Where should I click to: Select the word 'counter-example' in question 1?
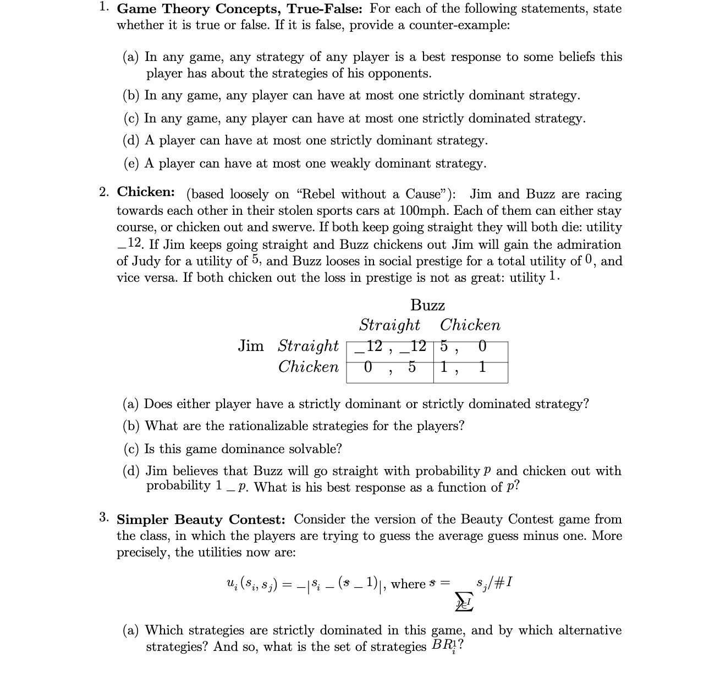tap(459, 25)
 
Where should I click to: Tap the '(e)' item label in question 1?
tap(131, 164)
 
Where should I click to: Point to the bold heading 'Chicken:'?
tap(146, 192)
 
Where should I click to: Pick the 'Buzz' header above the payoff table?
tap(427, 305)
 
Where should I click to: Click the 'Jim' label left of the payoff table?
tap(251, 346)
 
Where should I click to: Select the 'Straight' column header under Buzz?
tap(389, 325)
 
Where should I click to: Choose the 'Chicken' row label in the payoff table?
tap(309, 367)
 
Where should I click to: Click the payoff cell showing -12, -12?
tap(391, 347)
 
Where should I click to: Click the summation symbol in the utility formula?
tap(465, 603)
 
